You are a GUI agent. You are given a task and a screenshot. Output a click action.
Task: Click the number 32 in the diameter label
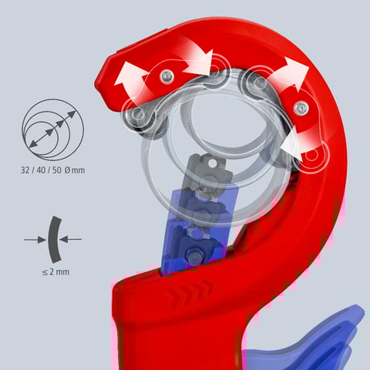coord(25,170)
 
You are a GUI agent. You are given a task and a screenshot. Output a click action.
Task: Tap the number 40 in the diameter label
coord(41,170)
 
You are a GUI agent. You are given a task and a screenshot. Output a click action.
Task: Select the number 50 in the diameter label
coord(57,170)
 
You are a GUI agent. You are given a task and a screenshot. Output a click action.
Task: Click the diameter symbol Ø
coord(67,170)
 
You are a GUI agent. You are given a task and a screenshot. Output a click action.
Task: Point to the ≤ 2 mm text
coord(55,272)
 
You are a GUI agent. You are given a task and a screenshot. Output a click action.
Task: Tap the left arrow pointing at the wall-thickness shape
coord(35,240)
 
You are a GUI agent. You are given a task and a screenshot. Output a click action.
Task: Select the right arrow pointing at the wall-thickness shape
coord(71,240)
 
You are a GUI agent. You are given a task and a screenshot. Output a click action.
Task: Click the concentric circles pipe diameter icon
coord(53,129)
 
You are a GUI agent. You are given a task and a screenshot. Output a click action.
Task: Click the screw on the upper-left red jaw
coord(167,76)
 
